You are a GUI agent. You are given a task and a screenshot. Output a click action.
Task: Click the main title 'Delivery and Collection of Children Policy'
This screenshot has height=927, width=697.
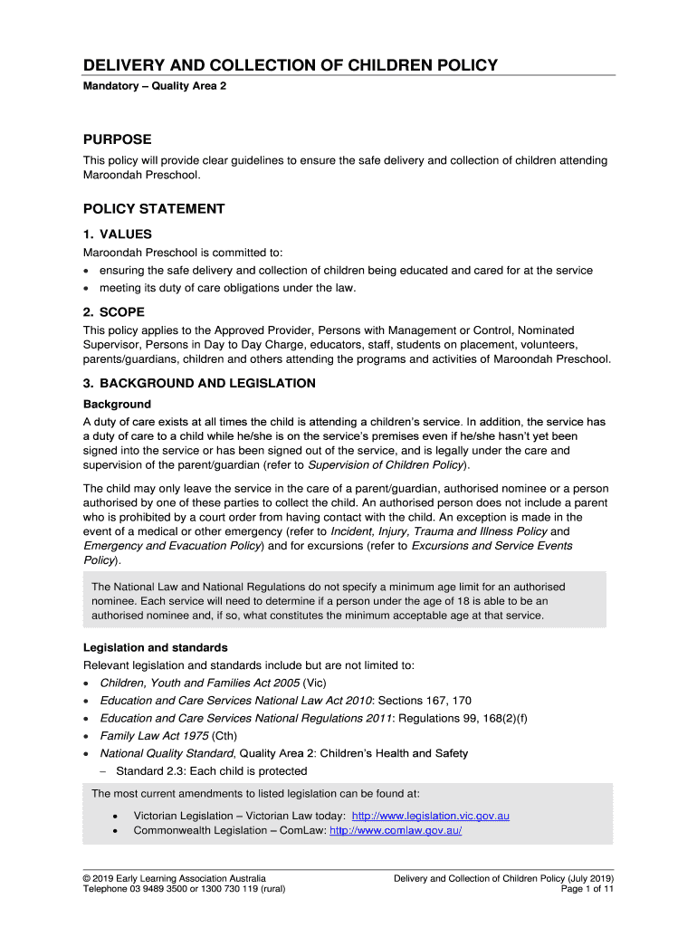[x=291, y=65]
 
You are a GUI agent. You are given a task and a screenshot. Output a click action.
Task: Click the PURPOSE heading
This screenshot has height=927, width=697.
[x=118, y=139]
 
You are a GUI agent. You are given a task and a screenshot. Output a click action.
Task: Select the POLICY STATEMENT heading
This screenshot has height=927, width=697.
[x=154, y=209]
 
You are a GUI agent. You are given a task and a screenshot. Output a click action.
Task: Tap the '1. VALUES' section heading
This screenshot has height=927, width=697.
[x=118, y=234]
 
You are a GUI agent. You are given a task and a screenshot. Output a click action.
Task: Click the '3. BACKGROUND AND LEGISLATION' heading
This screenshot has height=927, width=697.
[x=199, y=383]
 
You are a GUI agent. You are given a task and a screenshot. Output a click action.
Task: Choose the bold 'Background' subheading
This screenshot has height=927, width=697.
[x=117, y=404]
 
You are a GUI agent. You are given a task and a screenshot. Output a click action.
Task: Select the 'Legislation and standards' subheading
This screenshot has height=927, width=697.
[x=155, y=647]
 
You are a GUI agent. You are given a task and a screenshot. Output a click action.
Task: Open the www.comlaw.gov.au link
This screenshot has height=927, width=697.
[x=396, y=830]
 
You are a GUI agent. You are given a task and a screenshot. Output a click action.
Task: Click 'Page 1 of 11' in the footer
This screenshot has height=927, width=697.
[x=587, y=889]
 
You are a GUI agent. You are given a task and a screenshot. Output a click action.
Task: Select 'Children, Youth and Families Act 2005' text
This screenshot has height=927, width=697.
[x=199, y=683]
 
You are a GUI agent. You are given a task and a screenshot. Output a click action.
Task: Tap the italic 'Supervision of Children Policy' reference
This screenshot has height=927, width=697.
[x=387, y=465]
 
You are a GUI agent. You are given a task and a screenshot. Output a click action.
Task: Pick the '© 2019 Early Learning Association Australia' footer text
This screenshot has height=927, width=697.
[x=175, y=878]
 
